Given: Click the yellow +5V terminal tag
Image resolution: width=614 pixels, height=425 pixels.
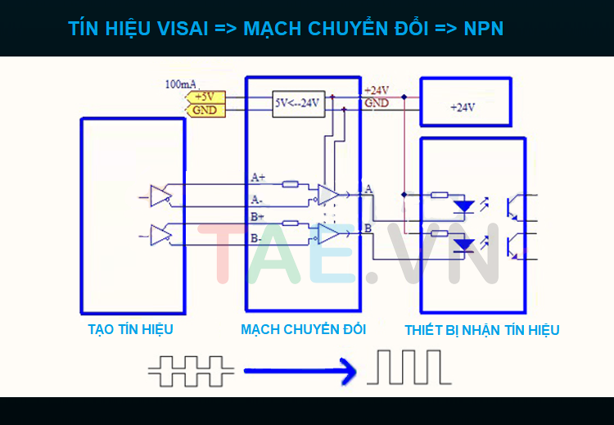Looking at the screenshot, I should (x=203, y=97).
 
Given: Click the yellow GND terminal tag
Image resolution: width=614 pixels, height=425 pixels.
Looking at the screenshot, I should (x=203, y=109).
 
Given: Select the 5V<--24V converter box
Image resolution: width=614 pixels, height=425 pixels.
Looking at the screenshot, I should (x=298, y=103).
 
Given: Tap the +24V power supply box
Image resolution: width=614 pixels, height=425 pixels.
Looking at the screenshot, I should (x=463, y=104).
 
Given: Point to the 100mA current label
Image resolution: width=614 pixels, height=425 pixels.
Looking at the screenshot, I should (x=180, y=84).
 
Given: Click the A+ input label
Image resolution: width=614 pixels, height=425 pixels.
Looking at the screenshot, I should (x=258, y=177).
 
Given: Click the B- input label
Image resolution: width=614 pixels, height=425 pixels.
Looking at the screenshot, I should (x=256, y=239).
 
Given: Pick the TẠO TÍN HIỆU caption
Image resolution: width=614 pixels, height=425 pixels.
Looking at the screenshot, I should (x=131, y=329).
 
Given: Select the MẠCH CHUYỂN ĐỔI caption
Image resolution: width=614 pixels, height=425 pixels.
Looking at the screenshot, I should (x=303, y=329).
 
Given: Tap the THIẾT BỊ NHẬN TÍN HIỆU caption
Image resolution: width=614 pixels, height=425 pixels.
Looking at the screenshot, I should (x=482, y=330).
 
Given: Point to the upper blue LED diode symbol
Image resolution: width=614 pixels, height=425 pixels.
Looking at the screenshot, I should (x=464, y=205).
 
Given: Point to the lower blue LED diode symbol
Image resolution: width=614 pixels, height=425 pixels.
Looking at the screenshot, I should (x=464, y=243).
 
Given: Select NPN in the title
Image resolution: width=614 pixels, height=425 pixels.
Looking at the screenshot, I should (x=483, y=29).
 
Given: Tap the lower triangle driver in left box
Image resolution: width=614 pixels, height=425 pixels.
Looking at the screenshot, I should (x=160, y=235).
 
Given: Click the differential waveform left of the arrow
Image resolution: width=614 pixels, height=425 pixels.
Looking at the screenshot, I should (x=191, y=370).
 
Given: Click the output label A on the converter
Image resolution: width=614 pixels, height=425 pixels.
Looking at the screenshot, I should (x=368, y=189).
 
